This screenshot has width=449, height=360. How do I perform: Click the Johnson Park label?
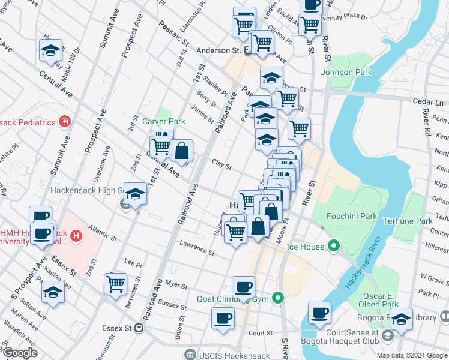coord(346,73)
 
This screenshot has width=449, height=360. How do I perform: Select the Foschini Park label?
coord(352,216)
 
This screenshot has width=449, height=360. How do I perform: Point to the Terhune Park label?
coord(411,221)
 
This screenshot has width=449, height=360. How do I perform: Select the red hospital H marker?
coord(76,236)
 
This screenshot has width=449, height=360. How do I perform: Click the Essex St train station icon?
coord(139,328)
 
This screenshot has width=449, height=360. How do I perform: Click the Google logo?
coord(20,353)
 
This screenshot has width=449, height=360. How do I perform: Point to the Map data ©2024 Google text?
coord(412,355)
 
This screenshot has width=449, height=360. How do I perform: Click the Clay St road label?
coord(221,164)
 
